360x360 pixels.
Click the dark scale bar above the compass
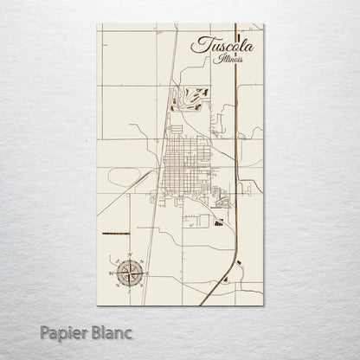coord(113,235)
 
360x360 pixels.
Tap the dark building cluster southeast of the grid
coord(218,222)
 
